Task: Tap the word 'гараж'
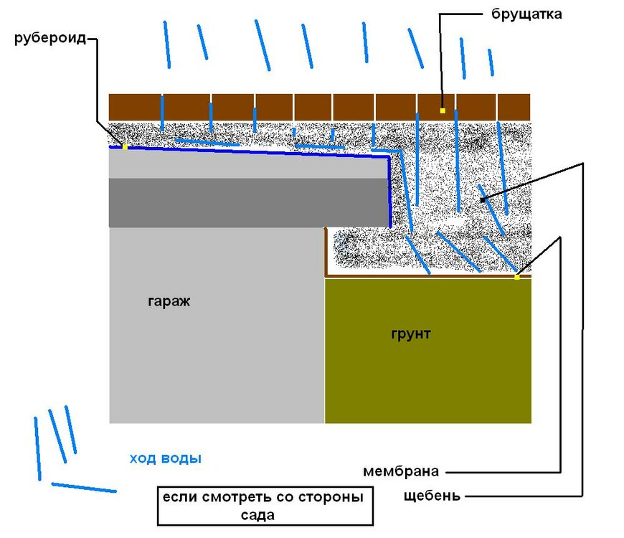[169, 301]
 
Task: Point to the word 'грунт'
[411, 334]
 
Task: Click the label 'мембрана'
[400, 472]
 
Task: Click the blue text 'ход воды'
[165, 459]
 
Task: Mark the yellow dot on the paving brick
[443, 110]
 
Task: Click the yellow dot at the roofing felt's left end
[125, 147]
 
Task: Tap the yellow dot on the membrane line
[516, 277]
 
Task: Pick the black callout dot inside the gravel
[482, 199]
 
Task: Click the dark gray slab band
[247, 202]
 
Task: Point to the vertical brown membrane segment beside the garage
[326, 251]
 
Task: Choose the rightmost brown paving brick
[514, 107]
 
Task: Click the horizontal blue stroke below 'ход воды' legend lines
[84, 488]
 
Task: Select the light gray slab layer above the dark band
[247, 165]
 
